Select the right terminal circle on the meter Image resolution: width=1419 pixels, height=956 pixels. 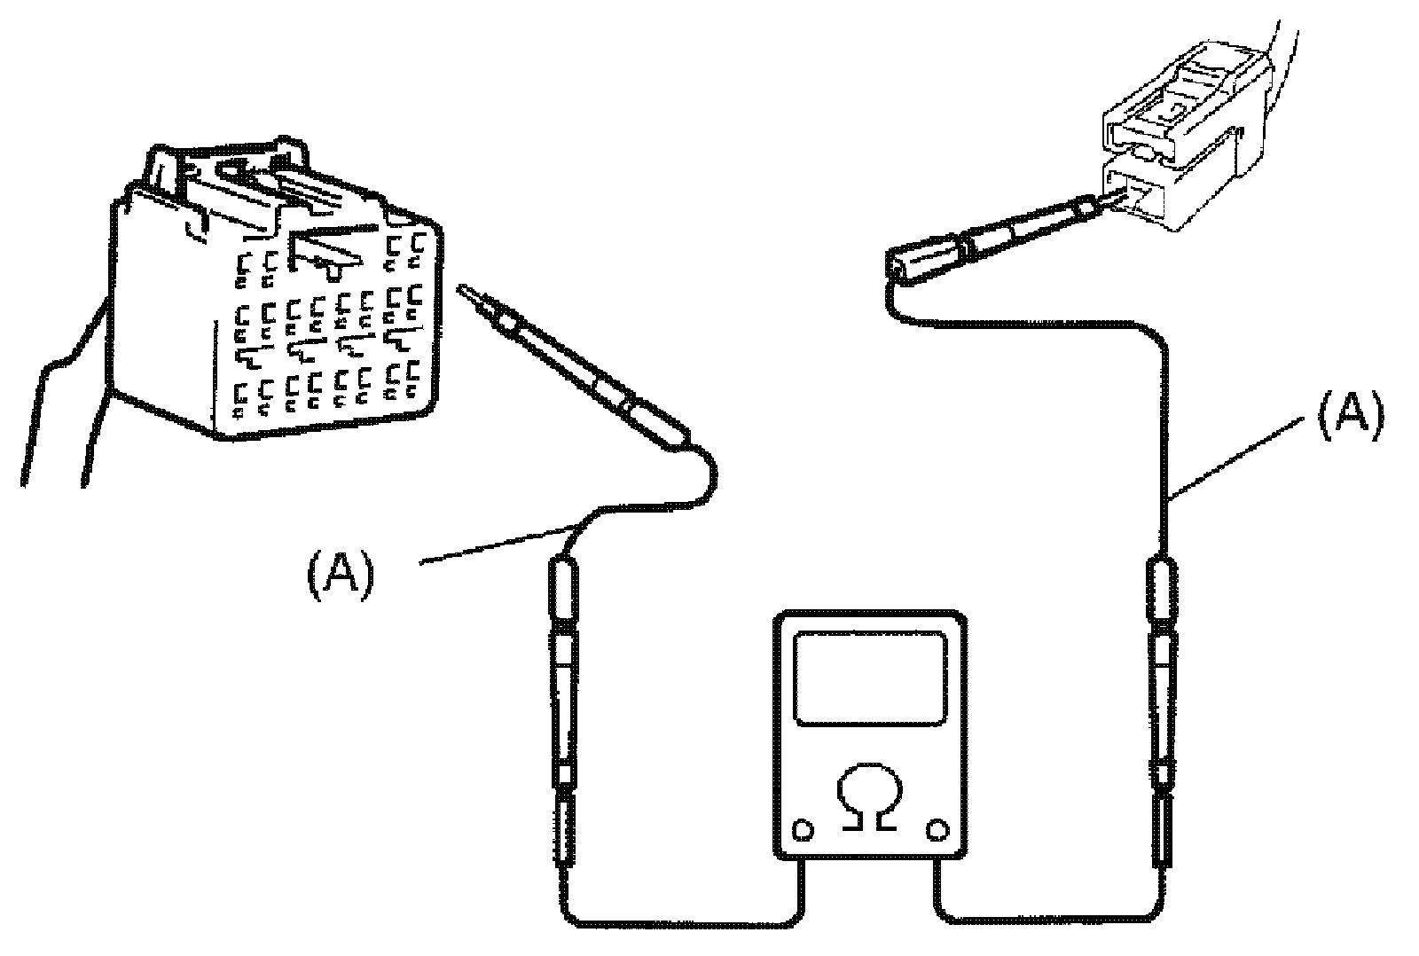(937, 830)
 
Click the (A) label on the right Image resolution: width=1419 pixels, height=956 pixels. (1349, 417)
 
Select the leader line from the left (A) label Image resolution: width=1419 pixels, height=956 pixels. (497, 545)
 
